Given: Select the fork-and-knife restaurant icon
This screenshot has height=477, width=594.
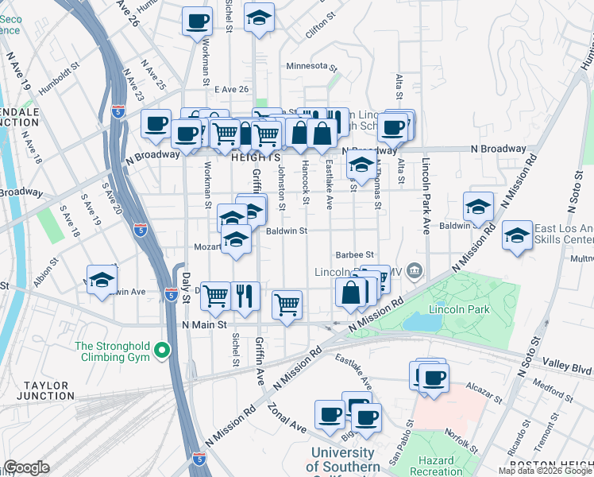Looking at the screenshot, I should [x=245, y=296].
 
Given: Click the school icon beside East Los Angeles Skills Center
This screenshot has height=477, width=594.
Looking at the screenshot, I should [x=517, y=235].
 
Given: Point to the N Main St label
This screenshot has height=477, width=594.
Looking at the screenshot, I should [x=204, y=324].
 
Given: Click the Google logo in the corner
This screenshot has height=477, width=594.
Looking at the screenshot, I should [x=26, y=467].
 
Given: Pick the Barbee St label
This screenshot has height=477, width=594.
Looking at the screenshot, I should [x=354, y=255].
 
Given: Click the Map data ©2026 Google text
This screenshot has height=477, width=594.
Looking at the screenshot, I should [x=545, y=471].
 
